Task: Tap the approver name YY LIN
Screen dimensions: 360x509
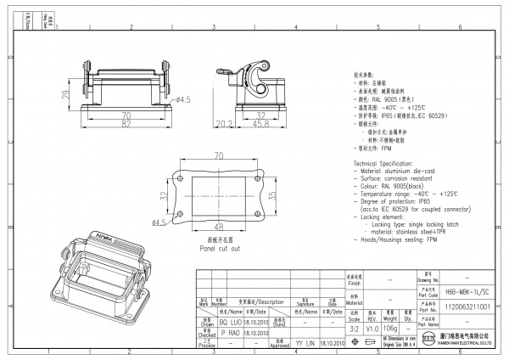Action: [x=305, y=345]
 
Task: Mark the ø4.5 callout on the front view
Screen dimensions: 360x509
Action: [x=183, y=100]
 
